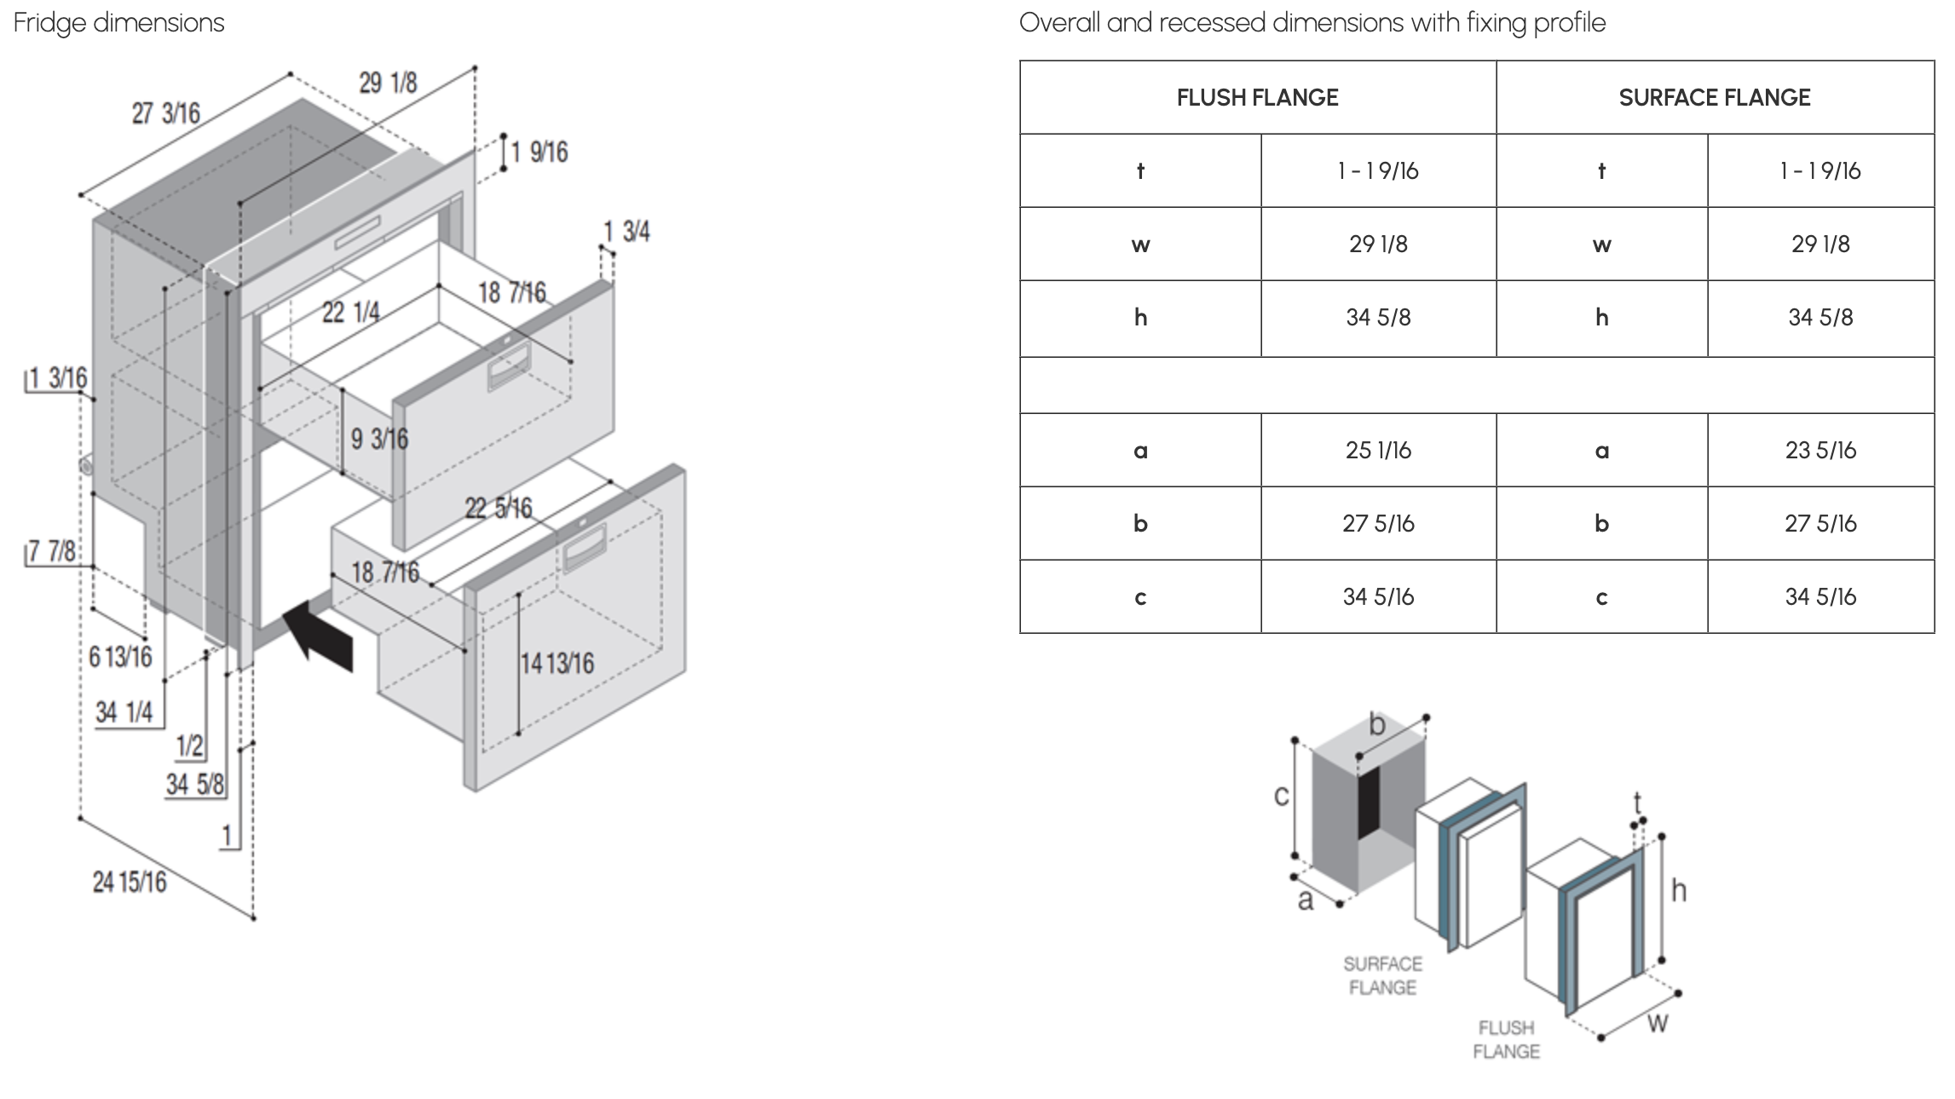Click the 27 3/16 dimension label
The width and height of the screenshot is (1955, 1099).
(x=166, y=112)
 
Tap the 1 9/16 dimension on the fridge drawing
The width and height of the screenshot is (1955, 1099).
(x=539, y=152)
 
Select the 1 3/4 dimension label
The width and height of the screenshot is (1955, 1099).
(x=626, y=231)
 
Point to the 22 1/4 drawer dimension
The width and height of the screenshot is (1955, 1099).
(x=350, y=313)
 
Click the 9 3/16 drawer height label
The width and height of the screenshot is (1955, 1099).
(x=379, y=440)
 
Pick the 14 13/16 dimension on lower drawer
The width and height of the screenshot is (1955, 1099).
(x=557, y=663)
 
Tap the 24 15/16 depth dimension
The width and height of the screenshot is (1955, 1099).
(x=130, y=882)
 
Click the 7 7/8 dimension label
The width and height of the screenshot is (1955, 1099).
(x=51, y=551)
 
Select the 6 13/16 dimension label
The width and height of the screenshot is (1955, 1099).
(x=120, y=657)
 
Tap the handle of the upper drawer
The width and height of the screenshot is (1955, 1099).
(x=509, y=368)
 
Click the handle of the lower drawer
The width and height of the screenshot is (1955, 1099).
(x=584, y=547)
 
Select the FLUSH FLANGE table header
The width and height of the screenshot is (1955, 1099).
(x=1257, y=98)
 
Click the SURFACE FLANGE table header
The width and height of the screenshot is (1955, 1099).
(x=1714, y=98)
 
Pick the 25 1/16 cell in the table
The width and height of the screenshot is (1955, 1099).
(x=1378, y=451)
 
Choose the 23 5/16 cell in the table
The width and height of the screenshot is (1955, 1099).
(x=1820, y=451)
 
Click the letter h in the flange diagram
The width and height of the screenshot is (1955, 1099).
(x=1678, y=891)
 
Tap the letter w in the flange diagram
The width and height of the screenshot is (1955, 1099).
(x=1657, y=1021)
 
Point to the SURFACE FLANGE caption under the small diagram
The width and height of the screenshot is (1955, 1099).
(x=1382, y=975)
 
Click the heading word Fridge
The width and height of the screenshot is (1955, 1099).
(x=50, y=22)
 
